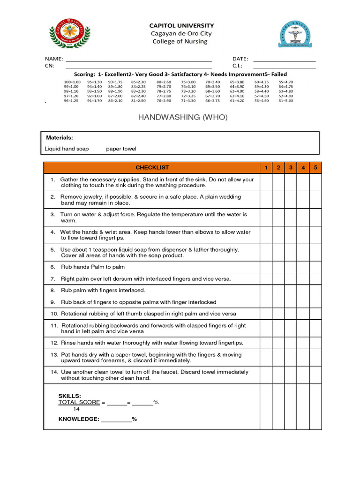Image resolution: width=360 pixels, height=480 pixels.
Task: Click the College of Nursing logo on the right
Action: click(x=294, y=34)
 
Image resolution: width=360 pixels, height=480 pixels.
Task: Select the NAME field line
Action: click(x=139, y=61)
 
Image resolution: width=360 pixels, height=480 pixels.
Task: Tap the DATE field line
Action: click(x=284, y=61)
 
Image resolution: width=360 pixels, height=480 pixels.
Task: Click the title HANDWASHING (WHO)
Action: click(x=183, y=117)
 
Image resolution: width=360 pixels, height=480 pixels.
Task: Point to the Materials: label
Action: click(x=60, y=138)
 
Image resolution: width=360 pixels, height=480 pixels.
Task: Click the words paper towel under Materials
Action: click(x=121, y=149)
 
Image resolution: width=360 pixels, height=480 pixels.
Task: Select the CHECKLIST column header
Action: click(x=152, y=167)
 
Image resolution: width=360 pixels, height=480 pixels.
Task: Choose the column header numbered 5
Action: click(x=315, y=167)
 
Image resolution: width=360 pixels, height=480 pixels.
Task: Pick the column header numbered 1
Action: click(x=266, y=167)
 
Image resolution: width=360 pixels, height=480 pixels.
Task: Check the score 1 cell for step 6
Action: click(x=266, y=267)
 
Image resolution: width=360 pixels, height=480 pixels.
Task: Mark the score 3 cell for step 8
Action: click(x=291, y=290)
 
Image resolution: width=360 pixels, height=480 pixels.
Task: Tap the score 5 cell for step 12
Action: click(x=315, y=343)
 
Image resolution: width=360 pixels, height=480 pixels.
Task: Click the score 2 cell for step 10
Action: click(x=278, y=314)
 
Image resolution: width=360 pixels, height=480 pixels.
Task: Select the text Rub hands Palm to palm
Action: click(x=93, y=267)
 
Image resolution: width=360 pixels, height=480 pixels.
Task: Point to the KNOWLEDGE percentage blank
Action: click(x=116, y=420)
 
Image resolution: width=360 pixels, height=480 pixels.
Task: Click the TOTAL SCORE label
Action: click(x=79, y=402)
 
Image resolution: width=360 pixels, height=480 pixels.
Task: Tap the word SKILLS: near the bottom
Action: click(x=69, y=396)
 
